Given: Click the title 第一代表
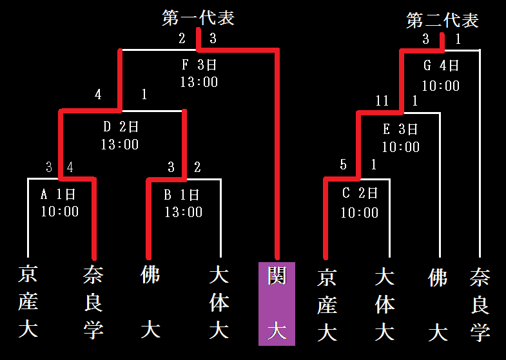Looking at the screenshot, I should click(198, 18).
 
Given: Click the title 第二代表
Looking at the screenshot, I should click(442, 21).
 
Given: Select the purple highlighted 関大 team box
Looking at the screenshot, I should click(277, 303).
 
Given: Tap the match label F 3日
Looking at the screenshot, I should click(199, 65).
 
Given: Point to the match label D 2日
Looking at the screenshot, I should click(120, 127).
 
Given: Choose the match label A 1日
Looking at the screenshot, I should click(59, 194).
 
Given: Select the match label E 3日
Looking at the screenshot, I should click(400, 129).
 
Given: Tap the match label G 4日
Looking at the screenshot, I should click(441, 66).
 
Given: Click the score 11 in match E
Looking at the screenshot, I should click(382, 101).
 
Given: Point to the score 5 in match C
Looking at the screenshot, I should click(344, 165).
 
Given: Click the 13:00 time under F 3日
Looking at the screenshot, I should click(199, 82).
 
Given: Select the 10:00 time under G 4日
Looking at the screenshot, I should click(441, 85).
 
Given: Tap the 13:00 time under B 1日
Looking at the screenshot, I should click(183, 211).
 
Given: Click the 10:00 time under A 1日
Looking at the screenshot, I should click(59, 211).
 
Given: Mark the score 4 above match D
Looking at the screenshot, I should click(98, 95).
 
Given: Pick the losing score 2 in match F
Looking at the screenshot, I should click(182, 39).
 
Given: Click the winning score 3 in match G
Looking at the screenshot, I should click(425, 39).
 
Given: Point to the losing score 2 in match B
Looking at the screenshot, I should click(197, 167).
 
